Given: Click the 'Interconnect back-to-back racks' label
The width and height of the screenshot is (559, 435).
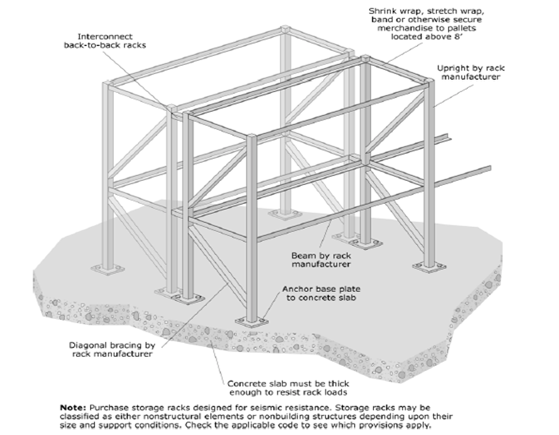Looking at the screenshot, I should tap(105, 41).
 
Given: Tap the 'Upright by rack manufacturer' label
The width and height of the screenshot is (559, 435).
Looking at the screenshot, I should tap(470, 72).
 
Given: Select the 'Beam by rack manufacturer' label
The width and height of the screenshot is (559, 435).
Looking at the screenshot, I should tap(321, 260).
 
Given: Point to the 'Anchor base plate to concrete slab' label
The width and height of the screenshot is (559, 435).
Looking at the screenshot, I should tap(321, 293).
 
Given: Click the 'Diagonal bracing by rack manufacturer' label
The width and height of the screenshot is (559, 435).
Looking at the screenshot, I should tap(112, 349).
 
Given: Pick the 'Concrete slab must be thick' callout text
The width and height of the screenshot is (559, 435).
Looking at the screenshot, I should tap(288, 384).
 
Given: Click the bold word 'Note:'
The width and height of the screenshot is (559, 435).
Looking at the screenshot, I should tap(73, 408).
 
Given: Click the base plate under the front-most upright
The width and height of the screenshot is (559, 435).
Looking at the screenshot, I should tap(252, 321).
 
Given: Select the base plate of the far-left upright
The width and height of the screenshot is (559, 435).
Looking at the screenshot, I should tap(108, 270).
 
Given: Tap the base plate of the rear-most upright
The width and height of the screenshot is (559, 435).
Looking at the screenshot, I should tap(285, 214).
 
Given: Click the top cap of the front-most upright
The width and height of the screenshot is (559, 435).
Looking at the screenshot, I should tap(251, 136).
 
